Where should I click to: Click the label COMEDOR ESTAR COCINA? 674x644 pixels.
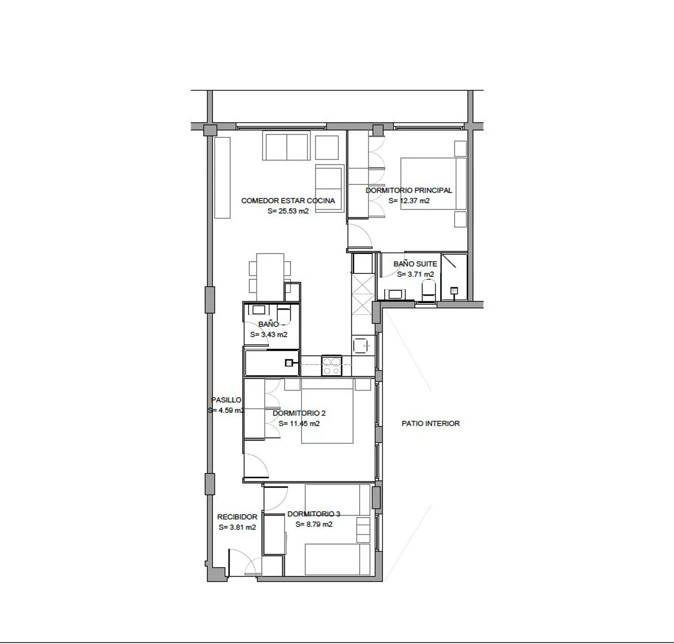coord(288,201)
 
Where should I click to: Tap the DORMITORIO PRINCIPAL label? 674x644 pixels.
coord(409,190)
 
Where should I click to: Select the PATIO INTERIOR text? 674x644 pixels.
coord(430,423)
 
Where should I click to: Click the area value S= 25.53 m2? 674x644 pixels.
coord(288,211)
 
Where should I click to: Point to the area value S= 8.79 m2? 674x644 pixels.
coord(314,525)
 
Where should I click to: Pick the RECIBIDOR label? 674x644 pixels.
coord(237,517)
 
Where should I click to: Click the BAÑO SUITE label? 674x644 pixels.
coord(415,264)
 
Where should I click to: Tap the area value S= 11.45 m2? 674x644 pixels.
coord(299,423)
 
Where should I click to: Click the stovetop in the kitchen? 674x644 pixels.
coord(332,366)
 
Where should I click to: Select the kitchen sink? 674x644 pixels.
coord(362,345)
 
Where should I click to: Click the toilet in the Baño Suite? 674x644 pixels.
coord(429,290)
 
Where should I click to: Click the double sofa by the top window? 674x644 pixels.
coord(287,146)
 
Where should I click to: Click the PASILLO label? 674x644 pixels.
coord(226,400)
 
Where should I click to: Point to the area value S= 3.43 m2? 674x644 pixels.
coord(269,335)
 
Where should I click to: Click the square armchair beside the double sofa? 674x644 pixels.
coord(327,147)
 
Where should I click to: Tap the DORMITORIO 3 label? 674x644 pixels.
coord(314,514)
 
